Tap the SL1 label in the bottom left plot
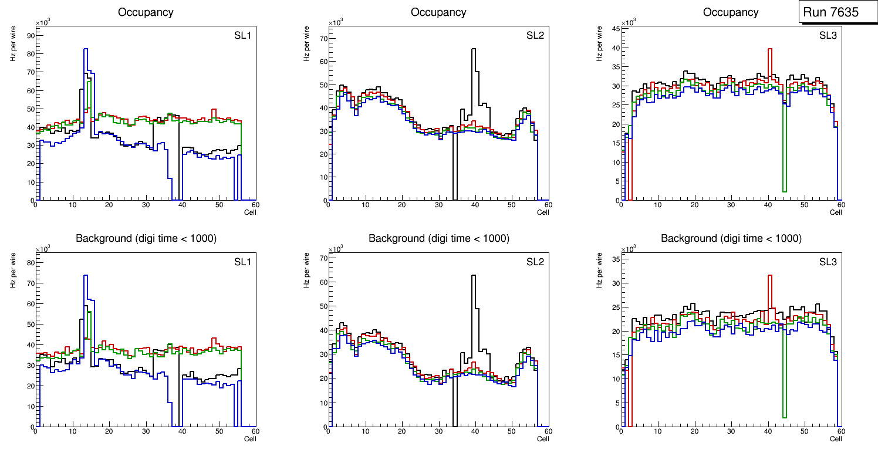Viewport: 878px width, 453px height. [242, 262]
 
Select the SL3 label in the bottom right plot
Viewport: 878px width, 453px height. [828, 262]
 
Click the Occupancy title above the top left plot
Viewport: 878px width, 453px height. [146, 12]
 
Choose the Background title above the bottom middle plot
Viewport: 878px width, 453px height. [438, 238]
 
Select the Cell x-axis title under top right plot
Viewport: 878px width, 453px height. [836, 212]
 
